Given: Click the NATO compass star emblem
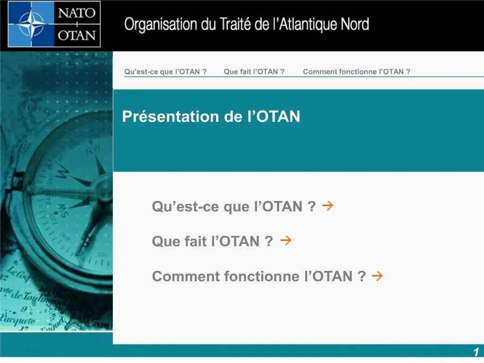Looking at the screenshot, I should [x=31, y=24].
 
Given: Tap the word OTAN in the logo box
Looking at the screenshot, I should [x=77, y=35].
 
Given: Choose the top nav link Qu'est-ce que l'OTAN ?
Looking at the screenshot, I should [x=165, y=72].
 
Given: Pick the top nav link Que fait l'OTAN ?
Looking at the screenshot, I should [x=254, y=72].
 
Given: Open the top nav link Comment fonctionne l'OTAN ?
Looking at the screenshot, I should [x=356, y=72].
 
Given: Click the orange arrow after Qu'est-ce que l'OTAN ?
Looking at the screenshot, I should [x=328, y=206].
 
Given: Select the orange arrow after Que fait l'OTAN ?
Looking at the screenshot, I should [x=285, y=241].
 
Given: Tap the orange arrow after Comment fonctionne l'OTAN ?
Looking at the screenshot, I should [x=377, y=276].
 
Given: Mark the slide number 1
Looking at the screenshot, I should [x=476, y=352].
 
